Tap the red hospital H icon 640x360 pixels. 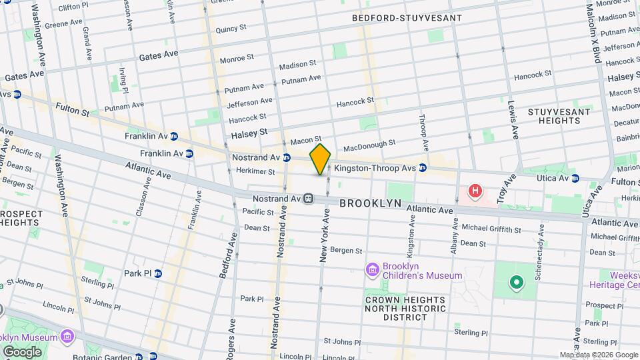click(x=475, y=192)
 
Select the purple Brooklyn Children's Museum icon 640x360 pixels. click(x=372, y=269)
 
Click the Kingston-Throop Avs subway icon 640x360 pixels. click(x=423, y=169)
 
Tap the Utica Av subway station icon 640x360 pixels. click(x=575, y=178)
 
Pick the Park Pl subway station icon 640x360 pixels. click(x=159, y=273)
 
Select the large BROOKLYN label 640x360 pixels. click(x=370, y=203)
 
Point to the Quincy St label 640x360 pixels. click(x=231, y=29)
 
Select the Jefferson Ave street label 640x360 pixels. click(x=249, y=103)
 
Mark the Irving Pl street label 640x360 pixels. click(x=123, y=80)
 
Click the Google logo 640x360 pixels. click(x=22, y=351)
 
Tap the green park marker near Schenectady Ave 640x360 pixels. click(x=515, y=283)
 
